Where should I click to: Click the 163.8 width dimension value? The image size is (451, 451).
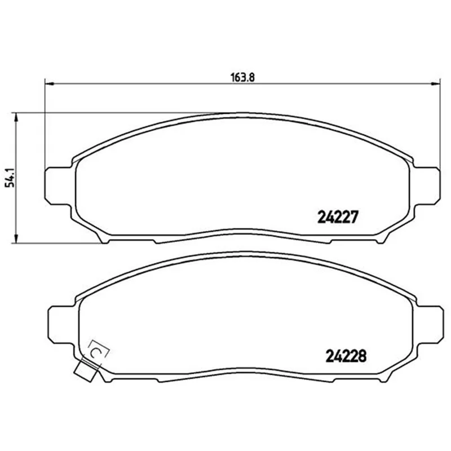(243, 77)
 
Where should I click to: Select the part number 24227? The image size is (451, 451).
(338, 217)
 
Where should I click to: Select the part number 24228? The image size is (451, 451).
(346, 356)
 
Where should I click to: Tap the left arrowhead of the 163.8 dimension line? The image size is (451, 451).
(50, 83)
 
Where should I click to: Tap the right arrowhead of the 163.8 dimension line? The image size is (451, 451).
(436, 83)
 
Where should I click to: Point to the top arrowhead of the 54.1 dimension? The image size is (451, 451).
(16, 117)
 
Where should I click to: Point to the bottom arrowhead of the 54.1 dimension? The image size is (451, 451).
(16, 238)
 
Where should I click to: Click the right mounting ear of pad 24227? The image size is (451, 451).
(427, 186)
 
